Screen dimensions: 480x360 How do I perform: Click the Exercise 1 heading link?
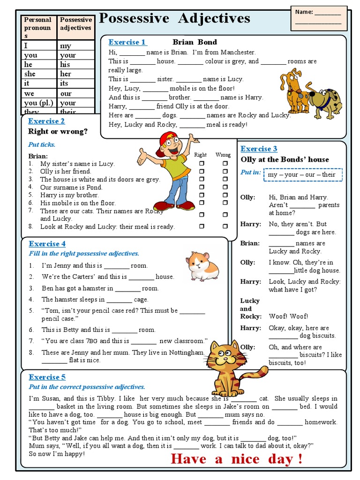click(127, 42)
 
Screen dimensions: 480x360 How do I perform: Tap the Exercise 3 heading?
click(259, 149)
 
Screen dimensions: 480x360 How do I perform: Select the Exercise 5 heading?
click(47, 377)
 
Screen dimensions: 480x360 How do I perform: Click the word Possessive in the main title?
click(135, 19)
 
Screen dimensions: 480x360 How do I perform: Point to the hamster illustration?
click(202, 266)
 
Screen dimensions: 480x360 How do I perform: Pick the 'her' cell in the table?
click(66, 74)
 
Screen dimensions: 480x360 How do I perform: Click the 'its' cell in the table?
click(64, 83)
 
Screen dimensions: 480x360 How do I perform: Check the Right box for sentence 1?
click(202, 164)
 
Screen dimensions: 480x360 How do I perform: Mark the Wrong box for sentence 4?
click(225, 187)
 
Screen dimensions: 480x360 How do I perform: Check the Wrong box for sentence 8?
click(225, 226)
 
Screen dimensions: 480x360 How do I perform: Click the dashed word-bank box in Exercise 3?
click(302, 175)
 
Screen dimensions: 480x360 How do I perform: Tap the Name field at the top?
click(318, 18)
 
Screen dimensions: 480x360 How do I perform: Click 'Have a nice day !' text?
click(236, 459)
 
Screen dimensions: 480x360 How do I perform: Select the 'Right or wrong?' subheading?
click(58, 132)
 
